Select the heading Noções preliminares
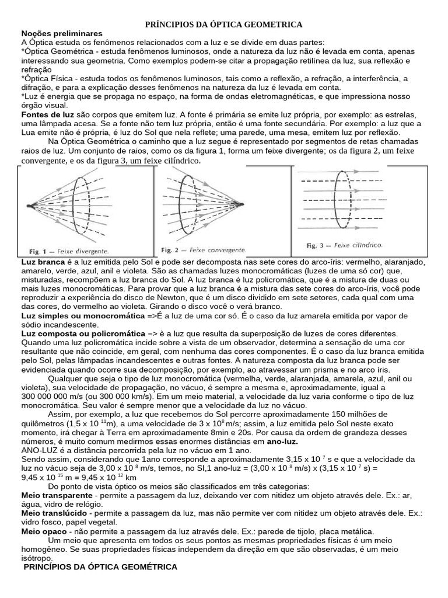(62, 34)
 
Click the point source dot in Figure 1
(29, 206)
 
